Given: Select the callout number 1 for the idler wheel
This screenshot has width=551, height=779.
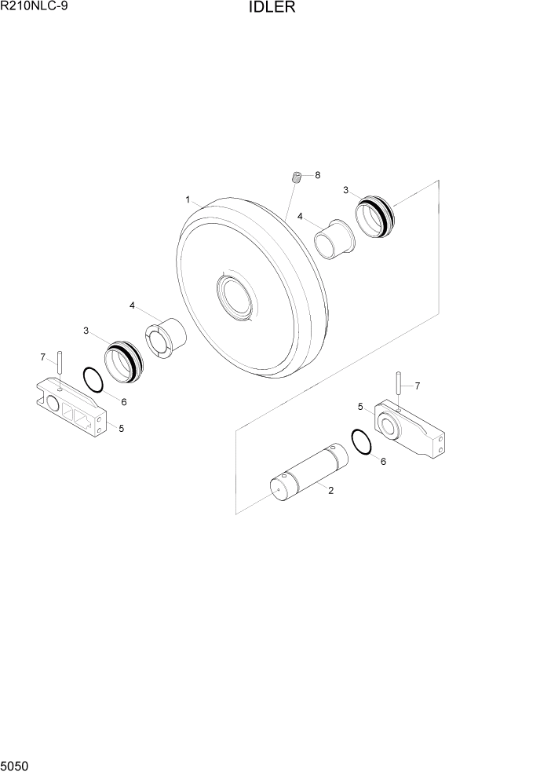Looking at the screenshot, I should pos(188,200).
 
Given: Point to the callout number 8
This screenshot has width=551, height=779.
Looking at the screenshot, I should pos(317,175).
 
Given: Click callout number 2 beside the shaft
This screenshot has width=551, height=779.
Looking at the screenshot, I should pos(331,491).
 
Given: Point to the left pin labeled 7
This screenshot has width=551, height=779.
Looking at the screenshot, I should pos(60,368).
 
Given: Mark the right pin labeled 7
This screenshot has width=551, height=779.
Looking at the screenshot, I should pos(399,383).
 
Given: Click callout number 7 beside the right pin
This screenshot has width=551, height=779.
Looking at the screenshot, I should pos(417,386).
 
